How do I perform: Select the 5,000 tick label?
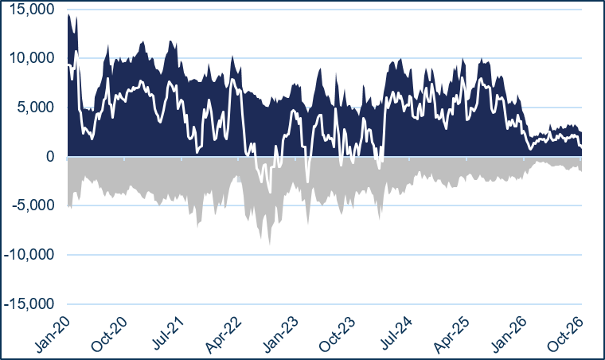click(x=36, y=108)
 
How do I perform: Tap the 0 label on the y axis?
click(x=50, y=157)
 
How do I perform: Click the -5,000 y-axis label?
click(x=33, y=205)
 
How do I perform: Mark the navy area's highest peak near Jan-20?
click(x=68, y=14)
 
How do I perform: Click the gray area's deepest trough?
click(x=269, y=245)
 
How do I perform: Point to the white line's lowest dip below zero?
click(x=270, y=192)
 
